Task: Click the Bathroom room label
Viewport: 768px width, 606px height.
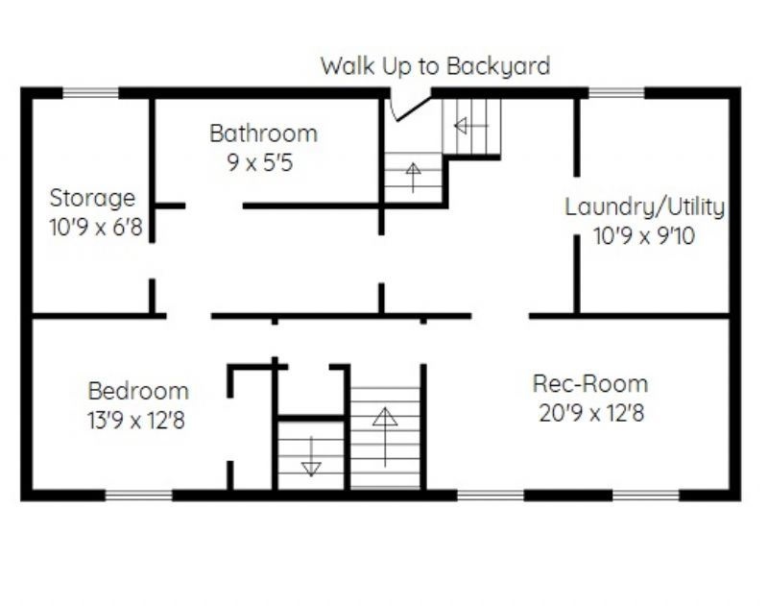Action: (263, 133)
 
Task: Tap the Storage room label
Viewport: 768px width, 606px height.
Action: (92, 199)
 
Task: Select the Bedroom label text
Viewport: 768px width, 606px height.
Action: (138, 391)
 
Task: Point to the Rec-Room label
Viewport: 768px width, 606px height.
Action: (590, 383)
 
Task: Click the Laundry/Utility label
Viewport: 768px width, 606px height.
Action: (644, 206)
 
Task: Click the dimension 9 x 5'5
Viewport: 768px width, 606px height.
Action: (260, 162)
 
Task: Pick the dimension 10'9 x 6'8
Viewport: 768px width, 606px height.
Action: (96, 228)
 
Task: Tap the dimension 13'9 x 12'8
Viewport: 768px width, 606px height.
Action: (136, 421)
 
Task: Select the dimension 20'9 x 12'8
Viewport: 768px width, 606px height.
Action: (591, 413)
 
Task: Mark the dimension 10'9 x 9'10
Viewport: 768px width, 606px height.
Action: (644, 236)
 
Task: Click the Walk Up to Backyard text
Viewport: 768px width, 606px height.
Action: (436, 66)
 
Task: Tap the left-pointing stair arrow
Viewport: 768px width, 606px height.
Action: (471, 126)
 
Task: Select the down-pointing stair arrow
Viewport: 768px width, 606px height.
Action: (311, 456)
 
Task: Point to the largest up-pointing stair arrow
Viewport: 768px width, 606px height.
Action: (385, 437)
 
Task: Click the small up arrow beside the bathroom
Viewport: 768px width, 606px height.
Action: (413, 178)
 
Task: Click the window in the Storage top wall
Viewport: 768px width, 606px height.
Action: (90, 93)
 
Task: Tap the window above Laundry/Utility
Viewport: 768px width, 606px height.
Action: (616, 93)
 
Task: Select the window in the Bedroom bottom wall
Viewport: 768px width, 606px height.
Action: (139, 496)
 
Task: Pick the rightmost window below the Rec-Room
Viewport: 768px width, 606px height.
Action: (646, 496)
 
